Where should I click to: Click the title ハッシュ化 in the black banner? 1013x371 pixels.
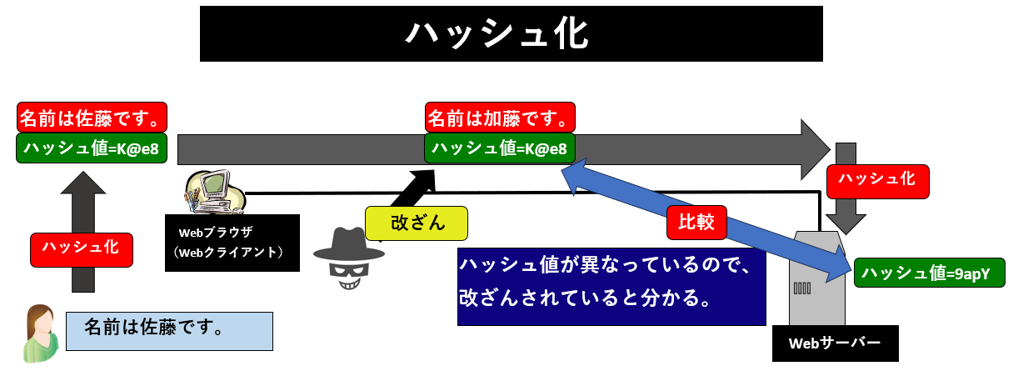click(511, 33)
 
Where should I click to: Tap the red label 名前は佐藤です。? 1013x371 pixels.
click(92, 117)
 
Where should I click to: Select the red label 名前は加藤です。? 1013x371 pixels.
click(501, 117)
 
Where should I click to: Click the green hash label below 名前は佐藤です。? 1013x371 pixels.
click(92, 148)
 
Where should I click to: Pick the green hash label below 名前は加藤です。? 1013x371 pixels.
click(501, 148)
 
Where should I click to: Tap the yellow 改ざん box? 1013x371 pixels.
click(417, 223)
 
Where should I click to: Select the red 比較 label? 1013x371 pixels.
click(696, 223)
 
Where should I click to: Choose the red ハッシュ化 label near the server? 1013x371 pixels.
click(877, 179)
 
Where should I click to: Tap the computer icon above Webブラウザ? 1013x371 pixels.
click(213, 191)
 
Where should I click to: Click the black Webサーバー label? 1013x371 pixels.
click(836, 343)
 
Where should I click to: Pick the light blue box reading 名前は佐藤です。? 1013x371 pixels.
click(169, 330)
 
